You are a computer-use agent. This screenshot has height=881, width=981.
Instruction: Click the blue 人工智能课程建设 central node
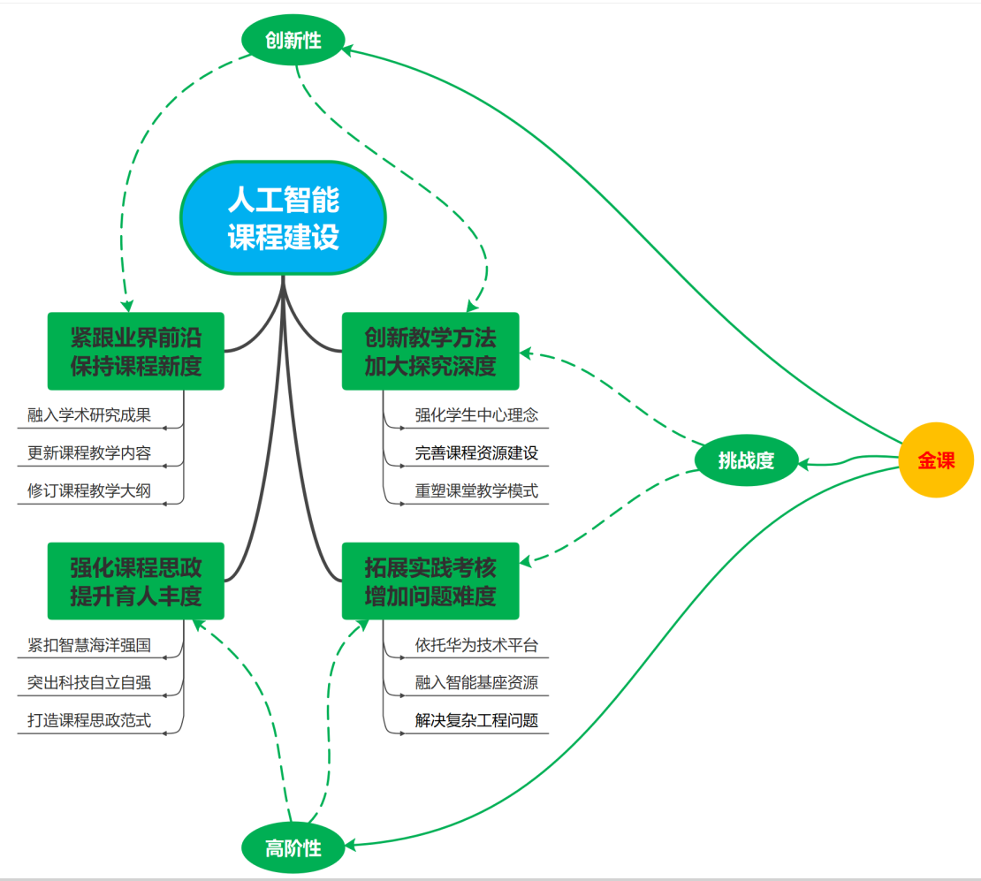284,218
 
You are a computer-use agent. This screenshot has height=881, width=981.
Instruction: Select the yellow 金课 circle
936,460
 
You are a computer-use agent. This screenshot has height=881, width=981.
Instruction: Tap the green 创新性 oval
293,40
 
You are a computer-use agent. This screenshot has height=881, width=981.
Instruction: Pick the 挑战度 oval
746,460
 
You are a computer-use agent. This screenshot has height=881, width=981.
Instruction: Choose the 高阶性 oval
293,849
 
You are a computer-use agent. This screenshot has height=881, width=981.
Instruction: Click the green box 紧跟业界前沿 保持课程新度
135,351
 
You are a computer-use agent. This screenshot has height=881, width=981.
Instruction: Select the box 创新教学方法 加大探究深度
430,351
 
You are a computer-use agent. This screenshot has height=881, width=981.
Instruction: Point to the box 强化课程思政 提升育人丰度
135,581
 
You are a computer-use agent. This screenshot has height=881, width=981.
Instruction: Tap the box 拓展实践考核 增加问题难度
430,581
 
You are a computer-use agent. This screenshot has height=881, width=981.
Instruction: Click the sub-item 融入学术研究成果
89,415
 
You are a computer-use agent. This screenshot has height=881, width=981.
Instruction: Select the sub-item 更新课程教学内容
89,453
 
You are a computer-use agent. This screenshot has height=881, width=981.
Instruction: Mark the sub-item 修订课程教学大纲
89,491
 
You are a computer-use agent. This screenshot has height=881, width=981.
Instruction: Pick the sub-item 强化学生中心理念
476,415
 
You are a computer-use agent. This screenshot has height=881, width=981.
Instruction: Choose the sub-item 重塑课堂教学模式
476,491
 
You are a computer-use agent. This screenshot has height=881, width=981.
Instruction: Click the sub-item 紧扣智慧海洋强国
89,645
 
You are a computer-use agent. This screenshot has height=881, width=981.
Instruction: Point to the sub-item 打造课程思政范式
89,721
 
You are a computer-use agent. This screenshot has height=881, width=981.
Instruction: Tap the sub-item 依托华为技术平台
476,645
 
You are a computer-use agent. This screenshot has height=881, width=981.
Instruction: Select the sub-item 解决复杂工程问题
476,721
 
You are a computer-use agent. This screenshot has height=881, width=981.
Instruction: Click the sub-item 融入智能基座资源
476,683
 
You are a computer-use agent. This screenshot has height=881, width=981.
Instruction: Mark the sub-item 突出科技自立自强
89,683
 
